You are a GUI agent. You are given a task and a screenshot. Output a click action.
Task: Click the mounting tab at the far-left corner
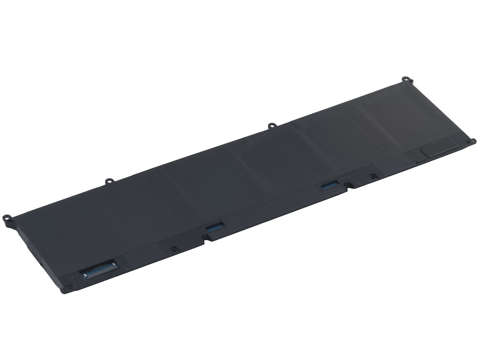click(7, 218)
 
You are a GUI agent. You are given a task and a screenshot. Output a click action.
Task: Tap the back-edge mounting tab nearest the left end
click(109, 180)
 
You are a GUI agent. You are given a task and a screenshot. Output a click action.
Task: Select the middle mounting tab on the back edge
click(271, 126)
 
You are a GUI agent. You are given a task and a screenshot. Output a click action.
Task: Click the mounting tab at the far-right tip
click(472, 142)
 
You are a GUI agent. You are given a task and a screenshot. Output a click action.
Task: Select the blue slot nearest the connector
click(214, 226)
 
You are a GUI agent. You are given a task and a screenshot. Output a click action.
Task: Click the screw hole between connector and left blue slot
click(174, 249)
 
